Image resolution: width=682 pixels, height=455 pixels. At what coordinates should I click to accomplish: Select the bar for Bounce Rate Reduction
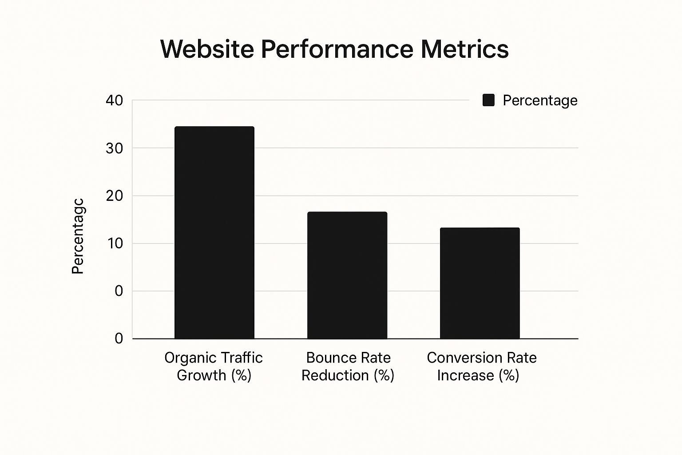point(347,275)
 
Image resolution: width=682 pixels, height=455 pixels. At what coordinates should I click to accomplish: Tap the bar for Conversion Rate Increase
point(480,283)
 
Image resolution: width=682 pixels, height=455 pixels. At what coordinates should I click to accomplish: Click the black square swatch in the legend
point(488,100)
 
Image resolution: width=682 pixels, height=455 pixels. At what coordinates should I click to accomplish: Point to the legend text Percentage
point(540,101)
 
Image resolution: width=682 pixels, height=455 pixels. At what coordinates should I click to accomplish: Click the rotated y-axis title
point(78,236)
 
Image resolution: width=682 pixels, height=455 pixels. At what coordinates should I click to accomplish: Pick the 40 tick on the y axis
point(114,100)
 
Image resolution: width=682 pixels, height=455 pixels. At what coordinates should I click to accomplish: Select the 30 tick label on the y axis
point(114,148)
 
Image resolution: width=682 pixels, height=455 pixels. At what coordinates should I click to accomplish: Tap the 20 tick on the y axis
point(114,196)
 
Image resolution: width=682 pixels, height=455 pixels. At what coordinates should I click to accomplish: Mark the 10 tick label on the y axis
point(114,243)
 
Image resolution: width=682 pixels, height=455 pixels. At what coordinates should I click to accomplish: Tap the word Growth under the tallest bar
point(201,375)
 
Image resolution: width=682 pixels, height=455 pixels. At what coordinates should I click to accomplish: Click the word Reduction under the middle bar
point(335,375)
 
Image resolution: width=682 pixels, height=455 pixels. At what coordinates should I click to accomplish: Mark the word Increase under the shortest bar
point(465,375)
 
